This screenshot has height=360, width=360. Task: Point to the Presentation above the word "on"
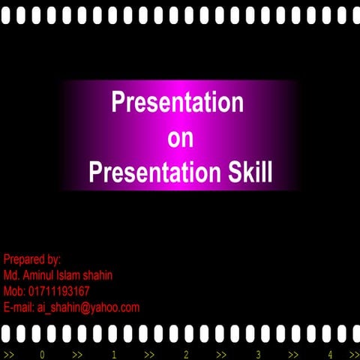pyautogui.click(x=178, y=103)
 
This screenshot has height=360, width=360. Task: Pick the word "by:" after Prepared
pyautogui.click(x=52, y=259)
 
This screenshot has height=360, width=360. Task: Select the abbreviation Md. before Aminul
pyautogui.click(x=11, y=275)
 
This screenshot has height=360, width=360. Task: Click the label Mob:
pyautogui.click(x=14, y=291)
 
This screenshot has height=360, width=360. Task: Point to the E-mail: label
pyautogui.click(x=19, y=307)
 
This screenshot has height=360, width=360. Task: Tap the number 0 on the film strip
pyautogui.click(x=43, y=354)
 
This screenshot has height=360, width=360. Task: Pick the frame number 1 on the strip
pyautogui.click(x=114, y=354)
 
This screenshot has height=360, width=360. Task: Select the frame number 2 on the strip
pyautogui.click(x=186, y=354)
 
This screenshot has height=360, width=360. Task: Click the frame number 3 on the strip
pyautogui.click(x=258, y=354)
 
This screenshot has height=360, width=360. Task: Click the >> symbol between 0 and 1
pyautogui.click(x=78, y=354)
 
